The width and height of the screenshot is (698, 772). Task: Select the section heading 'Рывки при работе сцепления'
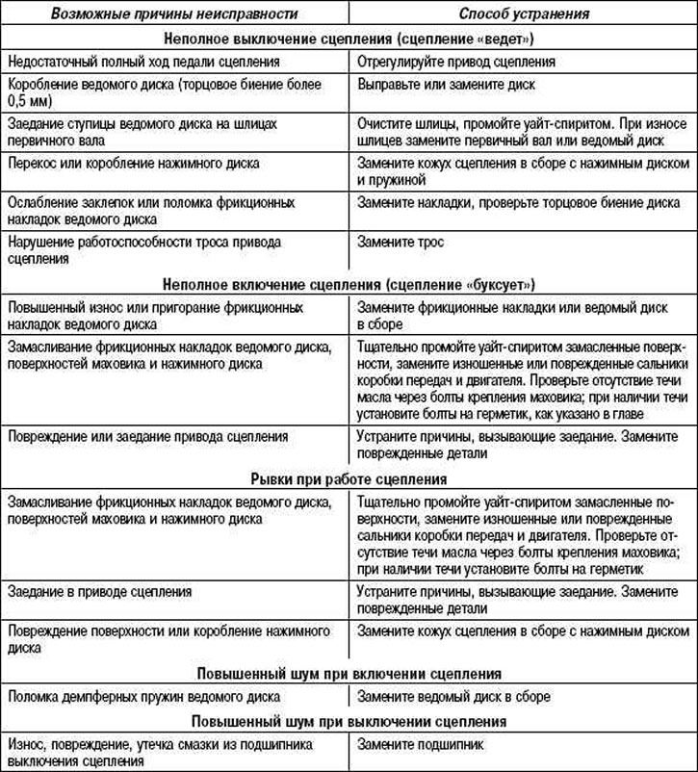[x=349, y=477]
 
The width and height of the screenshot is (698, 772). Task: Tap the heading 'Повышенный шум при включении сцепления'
[x=349, y=673]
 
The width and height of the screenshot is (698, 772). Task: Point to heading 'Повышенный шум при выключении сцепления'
[x=349, y=720]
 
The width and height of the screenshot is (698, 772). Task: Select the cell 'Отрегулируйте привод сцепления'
[x=456, y=62]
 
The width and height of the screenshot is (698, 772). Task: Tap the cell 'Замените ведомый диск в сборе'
[x=453, y=696]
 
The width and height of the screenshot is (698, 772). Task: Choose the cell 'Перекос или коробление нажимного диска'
[x=133, y=164]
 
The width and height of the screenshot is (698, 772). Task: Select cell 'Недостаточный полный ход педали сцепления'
[x=143, y=62]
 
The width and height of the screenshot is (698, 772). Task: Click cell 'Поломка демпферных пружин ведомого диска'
[x=142, y=696]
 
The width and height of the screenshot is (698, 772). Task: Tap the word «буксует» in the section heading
[x=499, y=285]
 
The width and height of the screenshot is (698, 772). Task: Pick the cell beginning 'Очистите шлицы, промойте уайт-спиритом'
[x=521, y=132]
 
